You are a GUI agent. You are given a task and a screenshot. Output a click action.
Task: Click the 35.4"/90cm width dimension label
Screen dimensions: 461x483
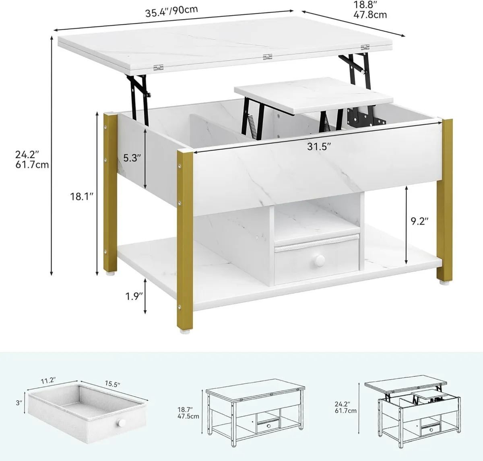(171, 10)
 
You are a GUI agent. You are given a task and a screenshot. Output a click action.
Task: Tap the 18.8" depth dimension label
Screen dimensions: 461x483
(370, 10)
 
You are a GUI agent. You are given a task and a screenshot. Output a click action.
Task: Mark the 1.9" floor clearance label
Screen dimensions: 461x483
(133, 297)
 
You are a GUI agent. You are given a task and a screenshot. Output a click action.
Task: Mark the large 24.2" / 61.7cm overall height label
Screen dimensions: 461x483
(31, 159)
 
